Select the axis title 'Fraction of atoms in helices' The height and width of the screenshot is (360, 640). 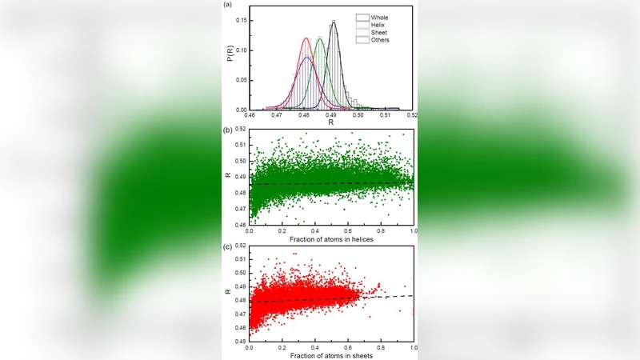332,238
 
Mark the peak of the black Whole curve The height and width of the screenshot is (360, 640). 333,22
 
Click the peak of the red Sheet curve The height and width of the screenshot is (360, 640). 306,38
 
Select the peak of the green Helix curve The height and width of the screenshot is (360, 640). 319,38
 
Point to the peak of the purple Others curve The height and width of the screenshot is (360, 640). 306,57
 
